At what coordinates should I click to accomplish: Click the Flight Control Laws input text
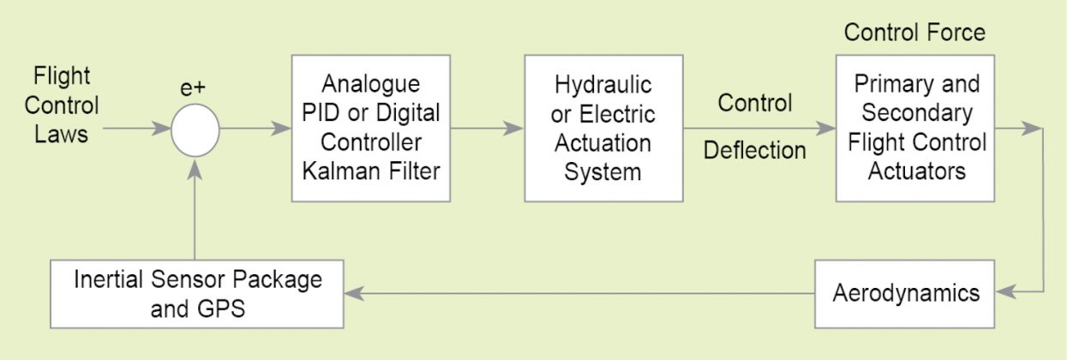coord(62,105)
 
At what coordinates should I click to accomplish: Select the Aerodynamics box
coord(906,293)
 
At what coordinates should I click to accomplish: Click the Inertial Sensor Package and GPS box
coord(197,293)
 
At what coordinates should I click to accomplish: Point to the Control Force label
coord(914,33)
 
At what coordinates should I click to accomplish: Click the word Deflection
coord(754,150)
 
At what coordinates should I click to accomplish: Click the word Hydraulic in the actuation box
coord(603,85)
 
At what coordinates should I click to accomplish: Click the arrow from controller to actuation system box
coord(487,129)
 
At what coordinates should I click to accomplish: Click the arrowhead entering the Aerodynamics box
coord(1007,293)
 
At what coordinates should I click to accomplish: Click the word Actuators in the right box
coord(916,171)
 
